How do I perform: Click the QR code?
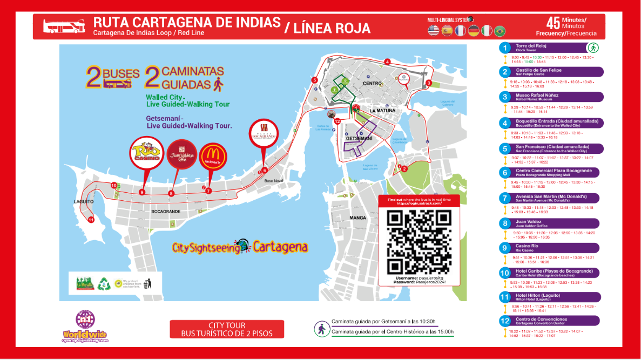point(420,241)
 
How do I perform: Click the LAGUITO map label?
point(84,201)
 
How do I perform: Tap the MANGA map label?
point(357,218)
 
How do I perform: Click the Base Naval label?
point(274,180)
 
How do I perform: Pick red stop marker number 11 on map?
point(91,220)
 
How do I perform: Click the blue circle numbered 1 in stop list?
point(505,48)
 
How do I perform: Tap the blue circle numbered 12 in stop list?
point(505,321)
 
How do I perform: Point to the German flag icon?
point(474,31)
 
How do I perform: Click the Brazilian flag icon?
point(500,31)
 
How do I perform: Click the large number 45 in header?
point(552,23)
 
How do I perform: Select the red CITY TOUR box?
point(226,329)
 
